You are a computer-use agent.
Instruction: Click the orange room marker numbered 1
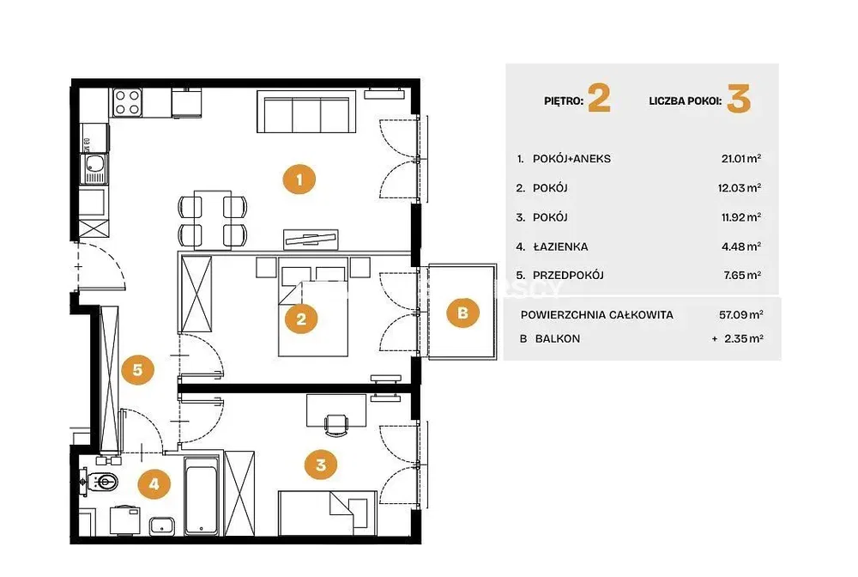pyautogui.click(x=299, y=179)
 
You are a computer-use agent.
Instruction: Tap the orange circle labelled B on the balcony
pyautogui.click(x=462, y=313)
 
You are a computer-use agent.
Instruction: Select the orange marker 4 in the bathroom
pyautogui.click(x=154, y=484)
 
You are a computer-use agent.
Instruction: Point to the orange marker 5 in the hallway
pyautogui.click(x=137, y=369)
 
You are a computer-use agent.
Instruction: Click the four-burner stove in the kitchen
pyautogui.click(x=128, y=102)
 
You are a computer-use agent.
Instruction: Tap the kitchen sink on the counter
pyautogui.click(x=94, y=168)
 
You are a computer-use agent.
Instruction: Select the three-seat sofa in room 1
pyautogui.click(x=306, y=112)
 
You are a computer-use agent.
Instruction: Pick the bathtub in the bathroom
pyautogui.click(x=202, y=495)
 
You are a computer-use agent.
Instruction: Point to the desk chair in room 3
pyautogui.click(x=336, y=425)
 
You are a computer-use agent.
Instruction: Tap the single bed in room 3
pyautogui.click(x=327, y=513)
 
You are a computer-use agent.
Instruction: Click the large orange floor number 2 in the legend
pyautogui.click(x=599, y=99)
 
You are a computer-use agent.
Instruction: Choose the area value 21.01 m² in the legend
pyautogui.click(x=741, y=159)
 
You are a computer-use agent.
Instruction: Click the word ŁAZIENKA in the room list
pyautogui.click(x=560, y=247)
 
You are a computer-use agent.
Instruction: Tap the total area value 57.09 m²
pyautogui.click(x=741, y=315)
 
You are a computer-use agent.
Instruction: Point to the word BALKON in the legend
pyautogui.click(x=558, y=339)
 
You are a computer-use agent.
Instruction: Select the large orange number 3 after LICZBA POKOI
pyautogui.click(x=739, y=99)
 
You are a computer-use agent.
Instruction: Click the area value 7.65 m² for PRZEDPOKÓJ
pyautogui.click(x=742, y=276)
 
